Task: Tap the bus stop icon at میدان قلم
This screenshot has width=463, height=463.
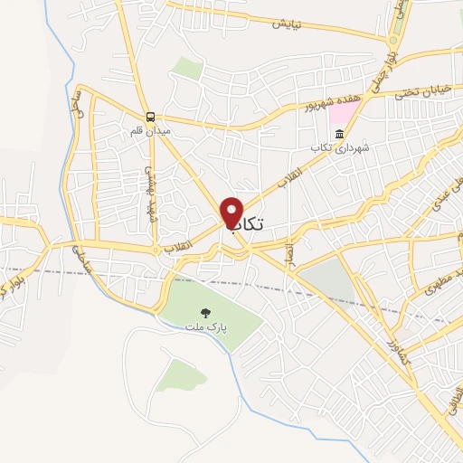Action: [150, 117]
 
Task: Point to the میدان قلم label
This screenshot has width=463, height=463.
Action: [149, 131]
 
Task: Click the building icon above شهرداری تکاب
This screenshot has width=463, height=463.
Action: [339, 135]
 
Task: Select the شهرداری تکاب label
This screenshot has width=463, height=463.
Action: [336, 147]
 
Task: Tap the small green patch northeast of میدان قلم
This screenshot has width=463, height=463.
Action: [187, 67]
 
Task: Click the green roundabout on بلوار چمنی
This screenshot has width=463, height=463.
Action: [393, 41]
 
